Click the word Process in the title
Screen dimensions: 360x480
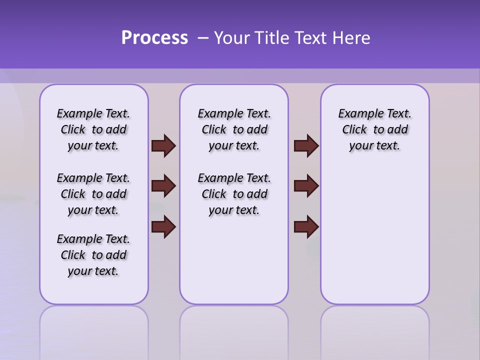tap(154, 38)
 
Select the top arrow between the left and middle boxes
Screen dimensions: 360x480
tap(163, 145)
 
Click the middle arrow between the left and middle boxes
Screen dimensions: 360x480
tap(163, 186)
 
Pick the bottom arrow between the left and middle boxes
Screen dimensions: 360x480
tap(163, 227)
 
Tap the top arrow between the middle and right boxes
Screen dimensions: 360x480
tap(306, 145)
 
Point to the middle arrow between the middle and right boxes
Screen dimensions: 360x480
tap(306, 186)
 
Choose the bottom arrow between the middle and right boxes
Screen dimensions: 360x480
tap(306, 227)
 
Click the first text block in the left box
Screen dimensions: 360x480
tap(93, 129)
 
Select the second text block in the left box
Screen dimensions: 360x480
tap(93, 194)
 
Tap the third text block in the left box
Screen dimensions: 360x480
tap(93, 255)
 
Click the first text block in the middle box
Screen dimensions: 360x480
tap(234, 129)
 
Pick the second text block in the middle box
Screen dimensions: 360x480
tap(234, 194)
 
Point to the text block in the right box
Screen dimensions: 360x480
tap(374, 129)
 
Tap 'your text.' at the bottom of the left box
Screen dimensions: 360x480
tap(93, 271)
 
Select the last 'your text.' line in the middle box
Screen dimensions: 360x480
tap(234, 210)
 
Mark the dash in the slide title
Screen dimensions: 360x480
tap(203, 38)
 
